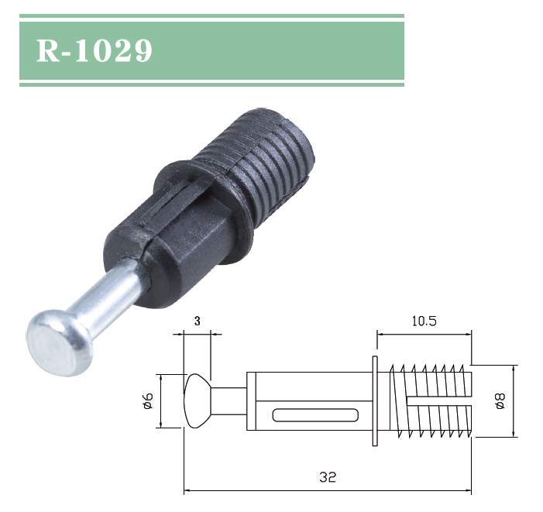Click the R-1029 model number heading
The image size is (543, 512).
tap(95, 50)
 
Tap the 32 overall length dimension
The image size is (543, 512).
tap(327, 477)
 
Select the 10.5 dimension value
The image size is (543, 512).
tap(423, 321)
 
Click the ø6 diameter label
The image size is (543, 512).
tap(148, 400)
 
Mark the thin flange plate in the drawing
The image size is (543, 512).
tap(376, 400)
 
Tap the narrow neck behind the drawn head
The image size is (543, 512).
tap(229, 401)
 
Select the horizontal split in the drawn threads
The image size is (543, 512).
tap(438, 401)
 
